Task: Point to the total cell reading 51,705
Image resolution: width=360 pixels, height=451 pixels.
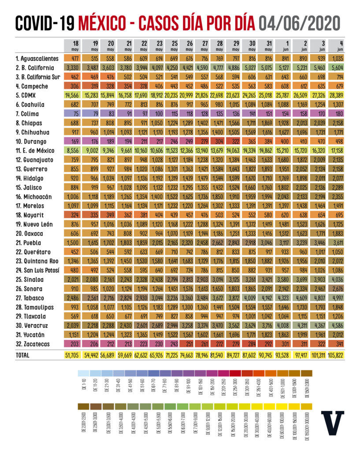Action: point(73,355)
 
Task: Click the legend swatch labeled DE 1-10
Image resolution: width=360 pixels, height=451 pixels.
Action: point(82,373)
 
